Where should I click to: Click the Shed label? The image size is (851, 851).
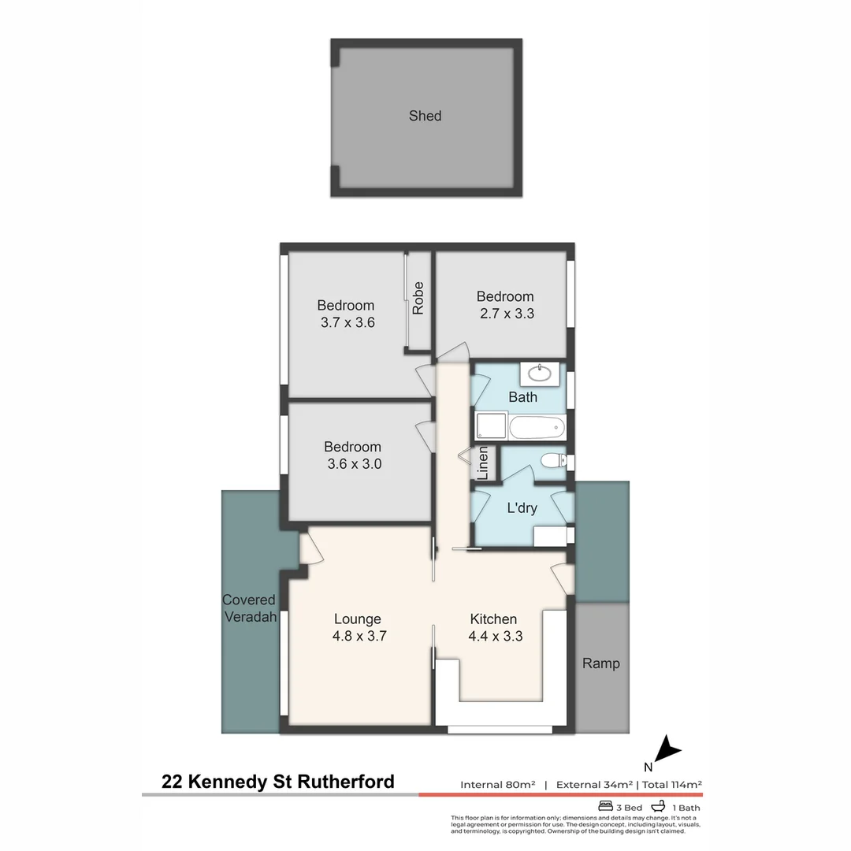(425, 116)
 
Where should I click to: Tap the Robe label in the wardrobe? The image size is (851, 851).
(418, 298)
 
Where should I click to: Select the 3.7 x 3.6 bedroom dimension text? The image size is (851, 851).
(346, 322)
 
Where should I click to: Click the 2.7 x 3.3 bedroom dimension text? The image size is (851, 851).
(505, 313)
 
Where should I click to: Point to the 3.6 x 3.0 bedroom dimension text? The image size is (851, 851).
(354, 464)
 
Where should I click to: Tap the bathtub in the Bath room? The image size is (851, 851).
(537, 429)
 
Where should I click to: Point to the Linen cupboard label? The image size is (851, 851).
(483, 463)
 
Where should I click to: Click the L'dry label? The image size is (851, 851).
(522, 508)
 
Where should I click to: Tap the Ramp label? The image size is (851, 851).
(601, 663)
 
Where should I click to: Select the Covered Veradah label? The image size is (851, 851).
(250, 608)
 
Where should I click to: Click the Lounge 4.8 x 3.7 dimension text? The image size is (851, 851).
(358, 636)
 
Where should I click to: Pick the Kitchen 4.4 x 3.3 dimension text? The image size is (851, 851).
(494, 636)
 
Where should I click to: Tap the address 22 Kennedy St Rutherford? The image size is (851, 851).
(278, 782)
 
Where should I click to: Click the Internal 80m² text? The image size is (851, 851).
(498, 785)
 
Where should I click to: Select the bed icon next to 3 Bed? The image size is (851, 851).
(606, 806)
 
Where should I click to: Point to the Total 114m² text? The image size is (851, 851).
(672, 785)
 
